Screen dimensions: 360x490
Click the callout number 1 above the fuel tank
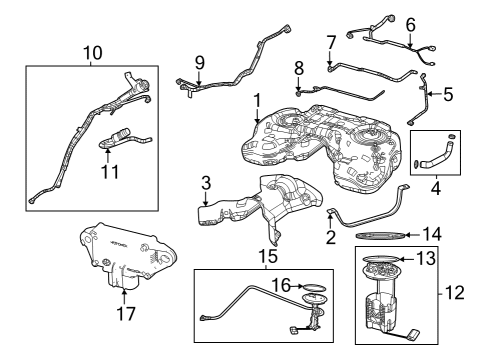(257, 100)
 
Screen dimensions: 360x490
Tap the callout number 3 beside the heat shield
(205, 183)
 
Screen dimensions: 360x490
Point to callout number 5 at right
(447, 95)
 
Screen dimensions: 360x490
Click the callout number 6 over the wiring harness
(410, 23)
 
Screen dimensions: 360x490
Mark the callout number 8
(298, 67)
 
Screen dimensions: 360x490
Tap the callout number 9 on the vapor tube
(199, 61)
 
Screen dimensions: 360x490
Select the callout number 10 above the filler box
(92, 51)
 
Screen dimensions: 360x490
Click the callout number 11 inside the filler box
(110, 172)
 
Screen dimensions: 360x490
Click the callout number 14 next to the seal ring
(432, 234)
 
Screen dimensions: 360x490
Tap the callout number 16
(284, 285)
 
